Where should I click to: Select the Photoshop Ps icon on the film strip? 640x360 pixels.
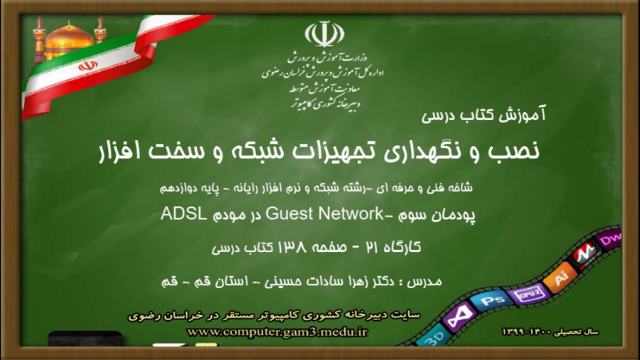tap(496, 300)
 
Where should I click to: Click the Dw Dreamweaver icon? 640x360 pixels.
tap(609, 240)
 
